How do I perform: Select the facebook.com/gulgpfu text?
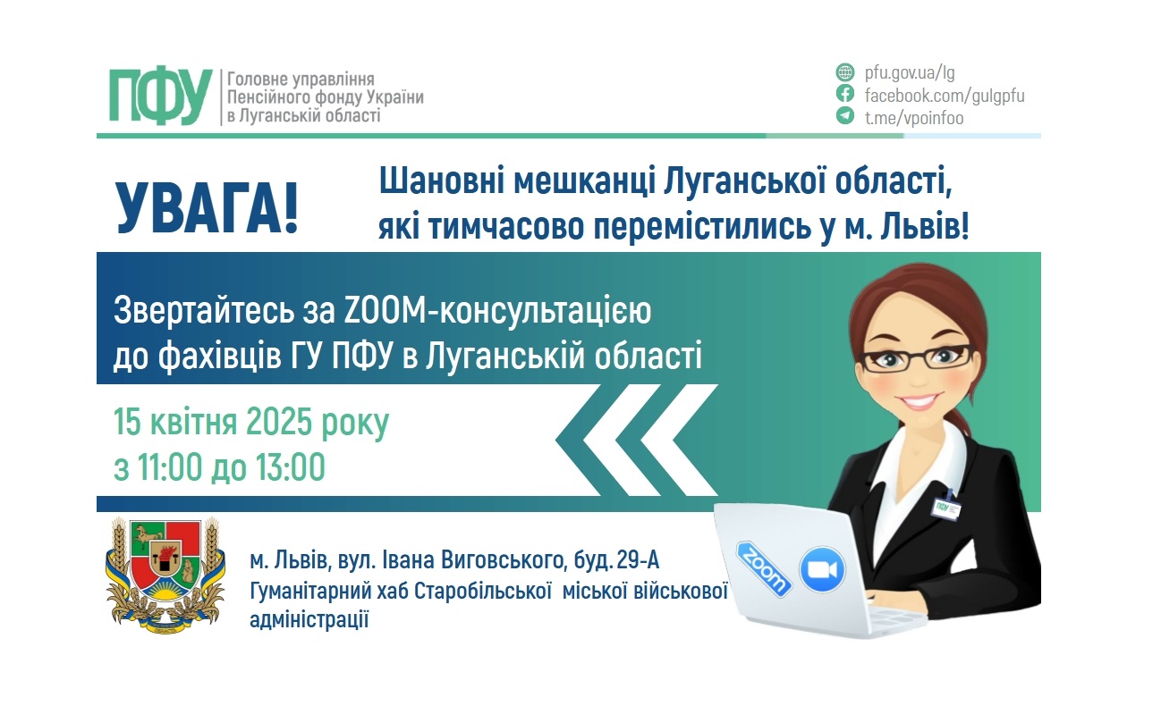click(944, 95)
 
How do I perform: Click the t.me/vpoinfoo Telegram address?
click(913, 117)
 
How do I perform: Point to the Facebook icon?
click(844, 94)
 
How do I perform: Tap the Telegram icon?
click(844, 116)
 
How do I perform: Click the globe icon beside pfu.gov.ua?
click(844, 72)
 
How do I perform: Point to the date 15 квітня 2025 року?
click(251, 422)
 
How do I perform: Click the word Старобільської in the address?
click(487, 591)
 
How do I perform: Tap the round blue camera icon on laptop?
click(822, 569)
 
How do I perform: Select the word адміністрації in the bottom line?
click(309, 619)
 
